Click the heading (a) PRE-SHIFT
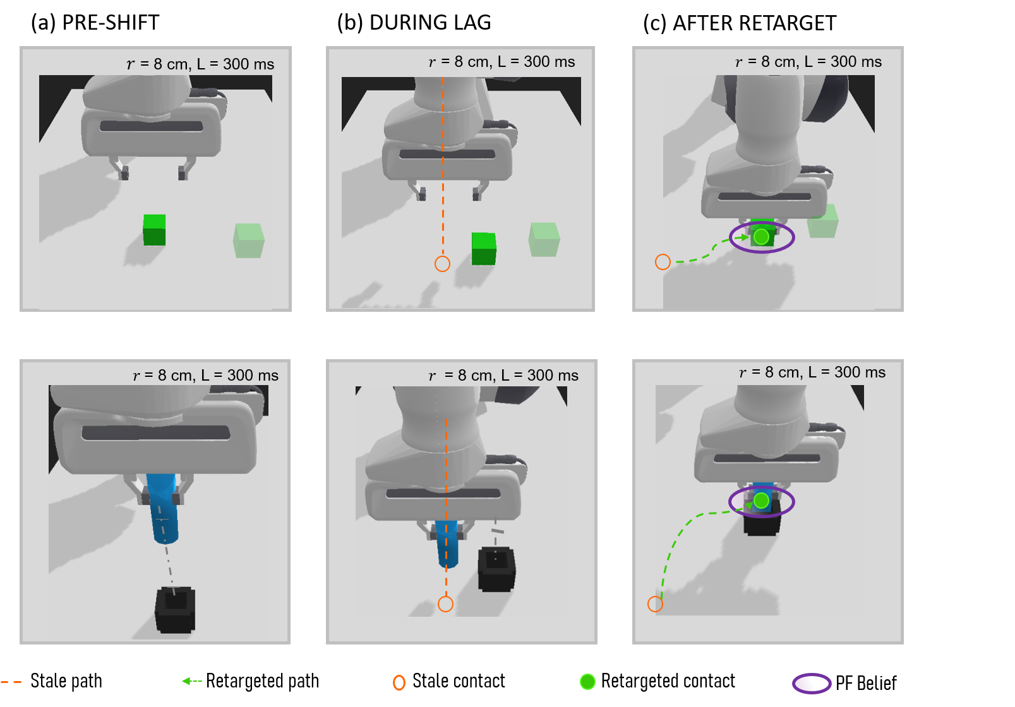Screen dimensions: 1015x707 click(95, 23)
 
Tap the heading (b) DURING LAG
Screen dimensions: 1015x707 click(414, 23)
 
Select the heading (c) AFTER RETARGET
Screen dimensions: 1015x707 click(740, 23)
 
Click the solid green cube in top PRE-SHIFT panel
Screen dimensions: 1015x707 click(154, 230)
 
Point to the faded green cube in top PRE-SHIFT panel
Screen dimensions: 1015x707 click(249, 241)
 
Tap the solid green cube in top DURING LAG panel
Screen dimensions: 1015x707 click(484, 249)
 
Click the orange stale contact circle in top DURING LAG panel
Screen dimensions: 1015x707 click(442, 264)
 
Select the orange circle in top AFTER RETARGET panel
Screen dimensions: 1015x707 click(663, 262)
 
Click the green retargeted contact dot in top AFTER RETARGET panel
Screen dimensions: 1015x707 click(761, 237)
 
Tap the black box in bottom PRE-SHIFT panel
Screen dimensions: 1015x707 click(176, 610)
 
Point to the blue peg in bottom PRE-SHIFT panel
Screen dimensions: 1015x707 click(163, 508)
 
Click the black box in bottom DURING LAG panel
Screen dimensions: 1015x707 click(496, 569)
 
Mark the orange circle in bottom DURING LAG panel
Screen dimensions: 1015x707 click(445, 603)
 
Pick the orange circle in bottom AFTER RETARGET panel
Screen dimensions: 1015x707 click(655, 603)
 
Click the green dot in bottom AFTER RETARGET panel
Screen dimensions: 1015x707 click(761, 501)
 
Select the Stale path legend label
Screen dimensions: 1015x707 click(66, 681)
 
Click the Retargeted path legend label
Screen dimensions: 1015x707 click(262, 681)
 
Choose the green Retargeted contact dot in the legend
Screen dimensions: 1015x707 click(587, 682)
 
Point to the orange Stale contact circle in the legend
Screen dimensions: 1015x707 click(399, 682)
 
